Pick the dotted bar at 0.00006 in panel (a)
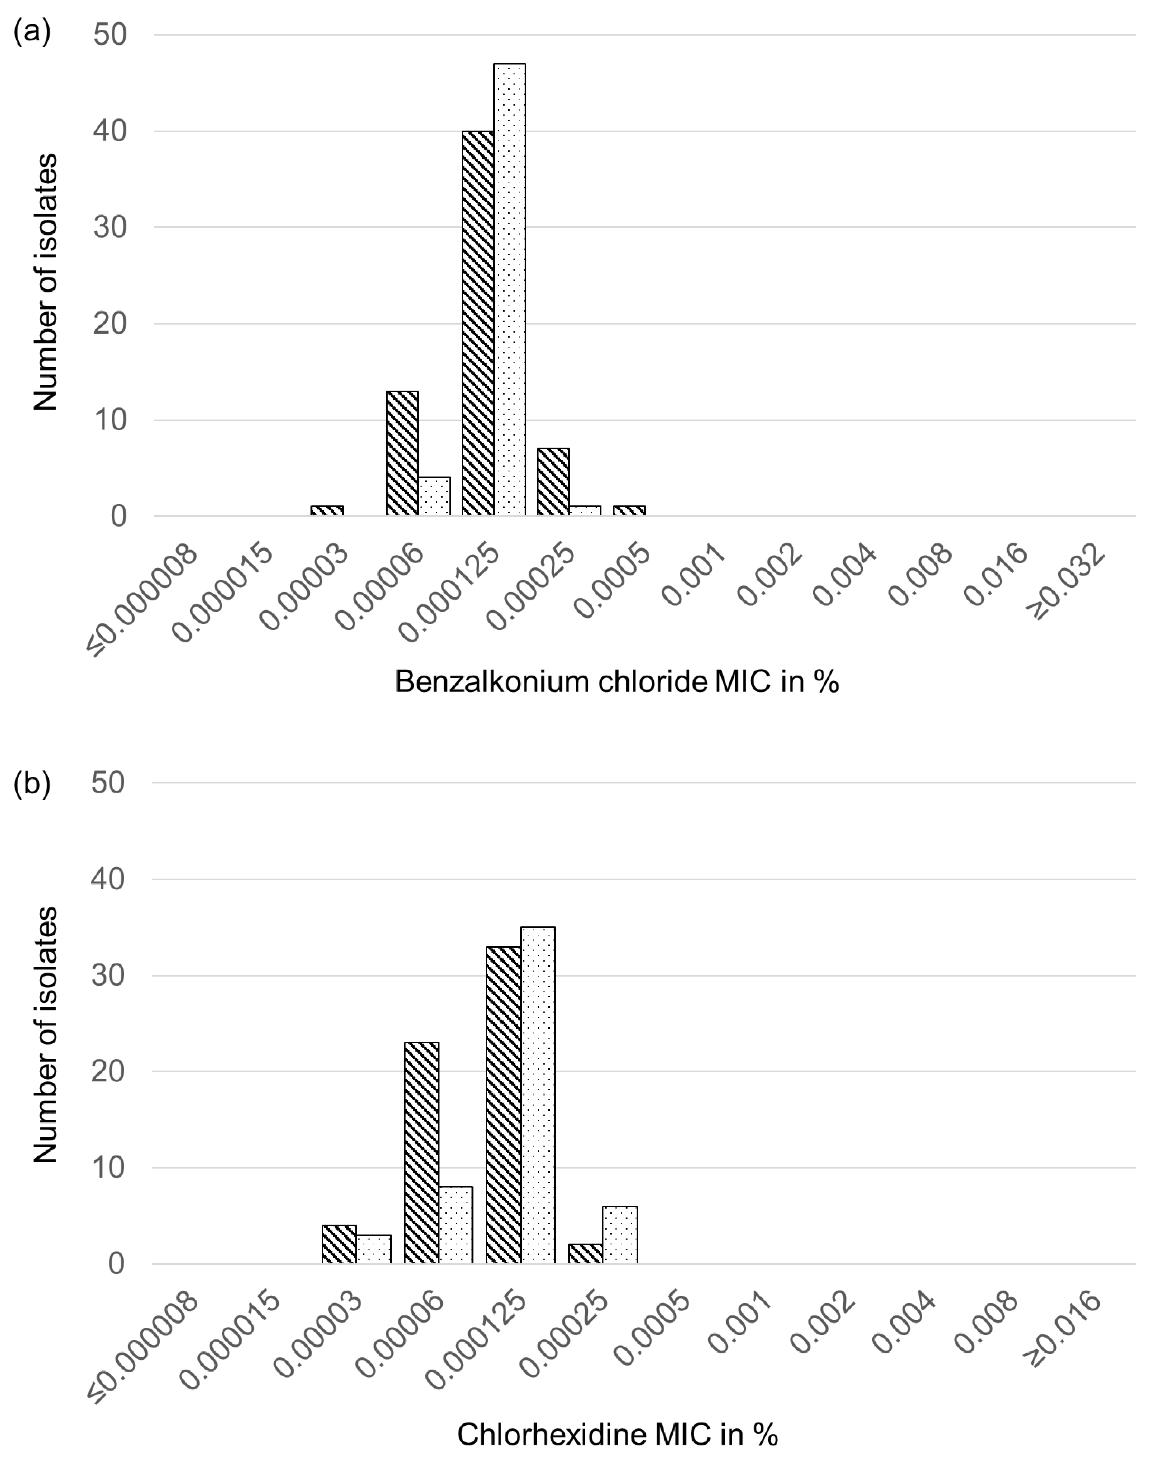click(x=434, y=497)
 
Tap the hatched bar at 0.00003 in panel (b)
click(x=339, y=1244)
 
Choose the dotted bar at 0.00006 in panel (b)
click(x=456, y=1225)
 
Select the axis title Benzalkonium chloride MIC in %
click(x=616, y=682)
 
